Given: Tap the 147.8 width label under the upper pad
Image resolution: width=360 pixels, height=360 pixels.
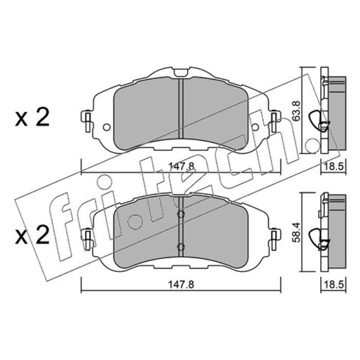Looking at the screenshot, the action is click(181, 166).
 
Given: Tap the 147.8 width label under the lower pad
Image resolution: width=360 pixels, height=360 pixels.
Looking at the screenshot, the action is click(181, 285).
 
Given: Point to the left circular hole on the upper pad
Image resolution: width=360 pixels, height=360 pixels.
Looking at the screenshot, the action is click(107, 127).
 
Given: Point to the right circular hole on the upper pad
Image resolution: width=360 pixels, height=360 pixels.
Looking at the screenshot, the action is click(255, 127).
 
